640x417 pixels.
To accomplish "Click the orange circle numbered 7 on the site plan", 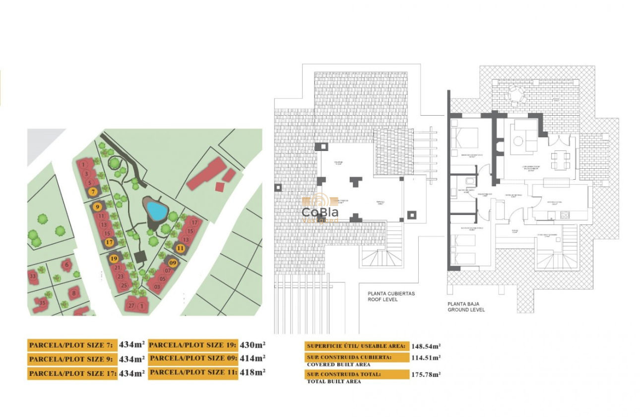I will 93,191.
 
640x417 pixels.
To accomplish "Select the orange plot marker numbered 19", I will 114,258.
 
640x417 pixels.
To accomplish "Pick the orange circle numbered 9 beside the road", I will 97,207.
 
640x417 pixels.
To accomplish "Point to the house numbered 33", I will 33,276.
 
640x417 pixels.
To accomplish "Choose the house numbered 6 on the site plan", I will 67,266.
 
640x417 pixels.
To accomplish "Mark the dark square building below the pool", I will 140,256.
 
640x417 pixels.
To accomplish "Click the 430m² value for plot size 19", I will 253,345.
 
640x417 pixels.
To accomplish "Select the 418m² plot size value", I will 253,372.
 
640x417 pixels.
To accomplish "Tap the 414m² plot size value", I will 253,358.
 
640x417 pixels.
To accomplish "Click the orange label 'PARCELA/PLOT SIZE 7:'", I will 71,345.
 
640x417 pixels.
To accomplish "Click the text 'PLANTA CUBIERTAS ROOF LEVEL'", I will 391,296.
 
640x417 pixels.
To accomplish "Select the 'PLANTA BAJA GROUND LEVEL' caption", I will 466,306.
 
